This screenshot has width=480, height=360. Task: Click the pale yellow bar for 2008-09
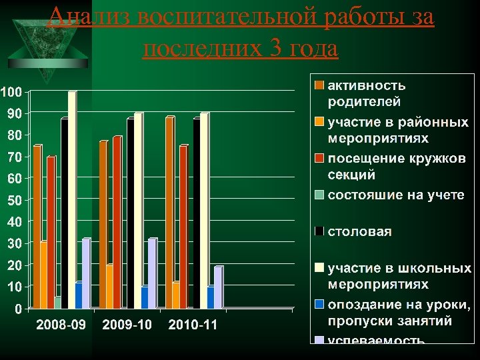pos(72,200)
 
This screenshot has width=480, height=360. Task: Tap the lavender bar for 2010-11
pos(218,287)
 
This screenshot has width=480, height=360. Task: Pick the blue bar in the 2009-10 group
pos(145,297)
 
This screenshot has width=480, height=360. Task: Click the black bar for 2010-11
pos(196,213)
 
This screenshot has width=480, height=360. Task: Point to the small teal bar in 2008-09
pos(58,303)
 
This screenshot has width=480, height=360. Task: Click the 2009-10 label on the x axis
pos(127,325)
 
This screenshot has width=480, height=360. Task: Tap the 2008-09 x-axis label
pos(61,325)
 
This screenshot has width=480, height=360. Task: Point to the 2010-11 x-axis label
pos(193,325)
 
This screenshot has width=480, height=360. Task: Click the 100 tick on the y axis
pos(11,91)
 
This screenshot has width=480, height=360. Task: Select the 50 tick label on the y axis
pos(14,200)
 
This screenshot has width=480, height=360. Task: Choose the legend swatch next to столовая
pos(320,232)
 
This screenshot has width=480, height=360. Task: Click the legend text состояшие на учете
pos(395,195)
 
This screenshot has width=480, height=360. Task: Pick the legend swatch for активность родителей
pos(320,86)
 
